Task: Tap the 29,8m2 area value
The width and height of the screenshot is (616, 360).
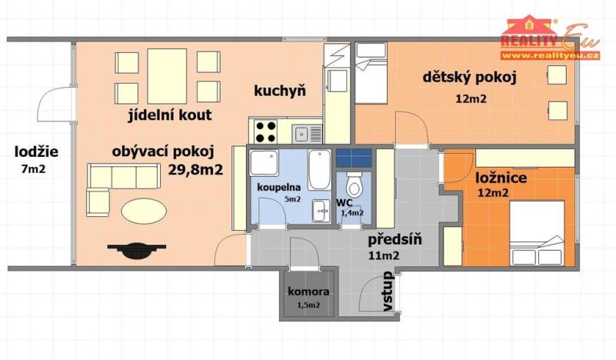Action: point(195,169)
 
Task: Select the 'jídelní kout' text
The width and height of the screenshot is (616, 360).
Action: point(170,115)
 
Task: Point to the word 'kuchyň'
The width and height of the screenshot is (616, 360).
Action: point(280,91)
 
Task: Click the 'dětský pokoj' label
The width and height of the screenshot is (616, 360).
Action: point(469,76)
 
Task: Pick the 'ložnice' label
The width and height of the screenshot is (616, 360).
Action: point(501,178)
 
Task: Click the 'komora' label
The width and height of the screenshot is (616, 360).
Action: point(308,292)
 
